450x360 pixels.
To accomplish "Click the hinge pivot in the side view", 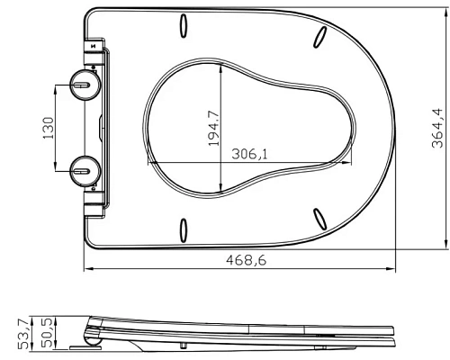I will coord(91,339).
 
